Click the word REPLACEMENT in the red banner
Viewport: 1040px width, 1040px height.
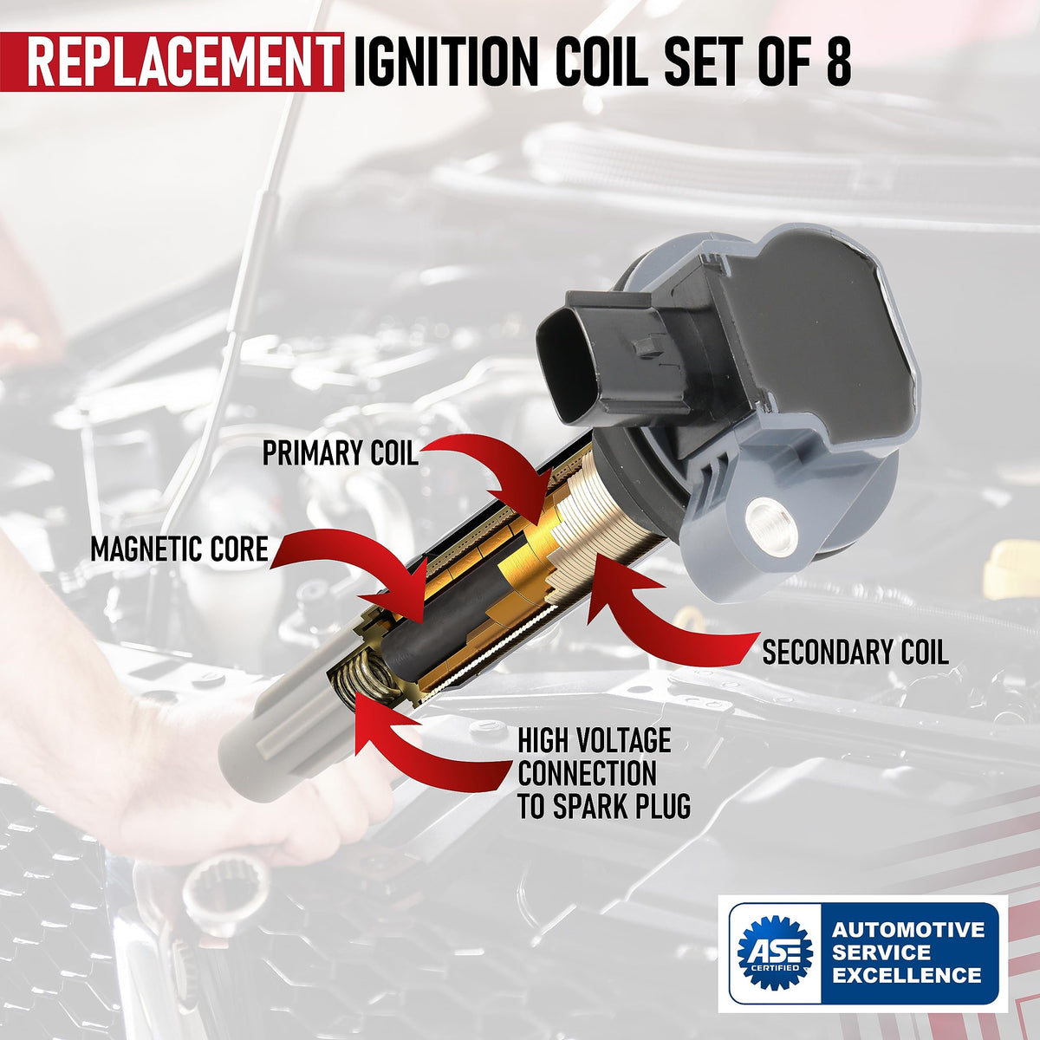(179, 62)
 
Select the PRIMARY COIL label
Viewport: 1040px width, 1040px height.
(340, 452)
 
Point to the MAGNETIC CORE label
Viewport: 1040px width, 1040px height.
(179, 549)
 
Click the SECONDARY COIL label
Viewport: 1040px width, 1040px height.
(855, 652)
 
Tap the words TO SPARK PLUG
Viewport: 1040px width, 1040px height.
(604, 806)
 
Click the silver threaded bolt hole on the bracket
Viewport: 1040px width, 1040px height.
(770, 524)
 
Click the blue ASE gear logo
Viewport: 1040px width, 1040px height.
(775, 952)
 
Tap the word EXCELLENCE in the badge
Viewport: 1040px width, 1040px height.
(907, 975)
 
